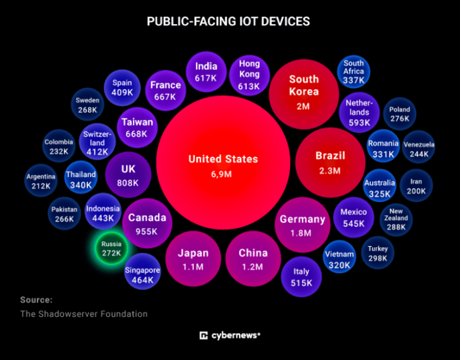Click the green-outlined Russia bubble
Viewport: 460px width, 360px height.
111,248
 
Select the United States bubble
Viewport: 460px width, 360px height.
223,165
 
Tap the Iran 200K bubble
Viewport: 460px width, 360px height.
416,186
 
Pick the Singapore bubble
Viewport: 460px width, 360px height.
142,275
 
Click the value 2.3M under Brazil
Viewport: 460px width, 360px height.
330,170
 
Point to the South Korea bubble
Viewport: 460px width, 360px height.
304,93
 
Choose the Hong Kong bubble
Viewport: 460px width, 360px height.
249,75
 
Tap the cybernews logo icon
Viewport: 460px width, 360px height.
203,335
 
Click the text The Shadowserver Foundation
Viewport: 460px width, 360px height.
84,314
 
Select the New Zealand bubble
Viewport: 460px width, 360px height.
396,219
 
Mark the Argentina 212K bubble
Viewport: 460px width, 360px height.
41,181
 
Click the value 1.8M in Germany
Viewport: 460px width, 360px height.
302,233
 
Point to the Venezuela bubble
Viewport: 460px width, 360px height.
419,149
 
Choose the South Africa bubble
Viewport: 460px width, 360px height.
354,71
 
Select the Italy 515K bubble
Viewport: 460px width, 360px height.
301,277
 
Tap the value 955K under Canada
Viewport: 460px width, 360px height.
147,231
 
